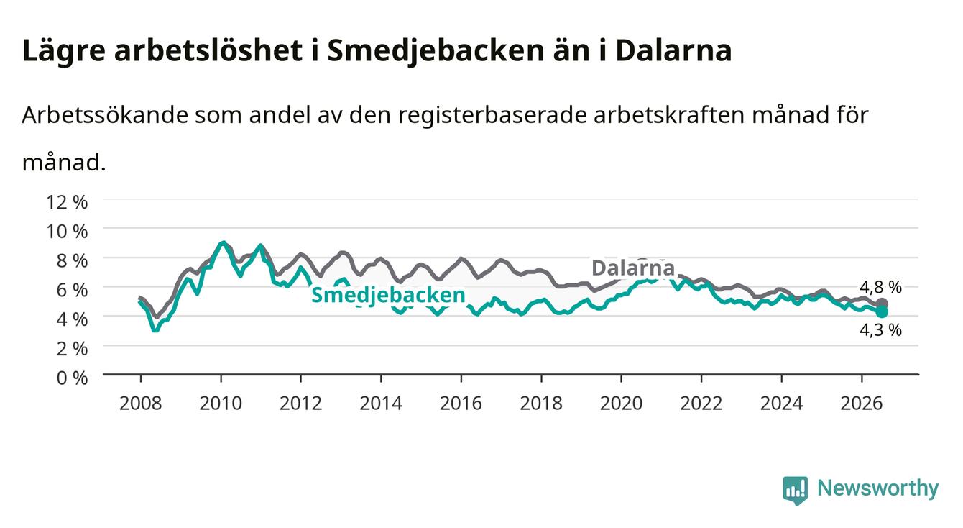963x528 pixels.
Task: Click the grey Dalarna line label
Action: (x=633, y=268)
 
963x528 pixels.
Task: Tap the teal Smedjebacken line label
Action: (x=388, y=296)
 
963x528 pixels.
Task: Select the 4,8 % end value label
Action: (x=880, y=287)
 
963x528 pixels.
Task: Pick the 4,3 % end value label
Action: (x=880, y=330)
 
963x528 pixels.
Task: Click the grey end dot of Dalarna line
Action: (x=882, y=304)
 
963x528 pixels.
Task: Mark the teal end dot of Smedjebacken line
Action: (x=882, y=311)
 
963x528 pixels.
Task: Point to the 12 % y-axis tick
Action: (x=67, y=202)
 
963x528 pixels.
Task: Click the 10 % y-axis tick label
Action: (x=67, y=232)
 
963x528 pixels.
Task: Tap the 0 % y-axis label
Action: (x=72, y=378)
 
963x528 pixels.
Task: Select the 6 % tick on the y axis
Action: (x=72, y=290)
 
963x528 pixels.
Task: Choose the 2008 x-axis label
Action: (x=141, y=404)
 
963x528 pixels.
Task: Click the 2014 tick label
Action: (x=381, y=404)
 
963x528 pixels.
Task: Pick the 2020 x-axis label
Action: (x=621, y=404)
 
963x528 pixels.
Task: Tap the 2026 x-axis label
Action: (x=862, y=404)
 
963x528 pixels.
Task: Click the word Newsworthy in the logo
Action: (x=878, y=488)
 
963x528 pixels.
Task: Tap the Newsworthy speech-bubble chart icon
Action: (x=796, y=491)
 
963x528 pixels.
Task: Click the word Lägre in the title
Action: (x=64, y=51)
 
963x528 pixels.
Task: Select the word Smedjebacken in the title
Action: (x=436, y=51)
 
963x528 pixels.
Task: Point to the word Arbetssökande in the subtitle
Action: (x=105, y=115)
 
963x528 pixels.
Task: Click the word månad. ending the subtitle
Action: (x=64, y=163)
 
